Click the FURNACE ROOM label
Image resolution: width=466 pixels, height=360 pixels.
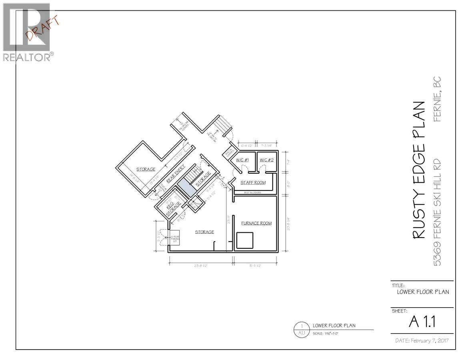point(256,223)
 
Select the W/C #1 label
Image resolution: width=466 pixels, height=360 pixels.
point(242,160)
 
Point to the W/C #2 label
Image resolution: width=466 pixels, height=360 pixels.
point(266,160)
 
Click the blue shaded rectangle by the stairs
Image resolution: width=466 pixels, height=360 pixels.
point(187,188)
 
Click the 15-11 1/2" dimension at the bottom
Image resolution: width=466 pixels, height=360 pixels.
point(254,266)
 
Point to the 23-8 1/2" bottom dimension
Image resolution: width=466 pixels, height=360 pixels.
point(201,266)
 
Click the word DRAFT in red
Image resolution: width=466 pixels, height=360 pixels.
point(42,28)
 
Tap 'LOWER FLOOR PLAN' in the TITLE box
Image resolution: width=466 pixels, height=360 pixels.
point(422,292)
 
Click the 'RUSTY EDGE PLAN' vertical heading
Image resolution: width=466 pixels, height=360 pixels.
point(418,170)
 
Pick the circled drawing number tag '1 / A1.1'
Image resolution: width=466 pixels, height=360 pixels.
point(302,329)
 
